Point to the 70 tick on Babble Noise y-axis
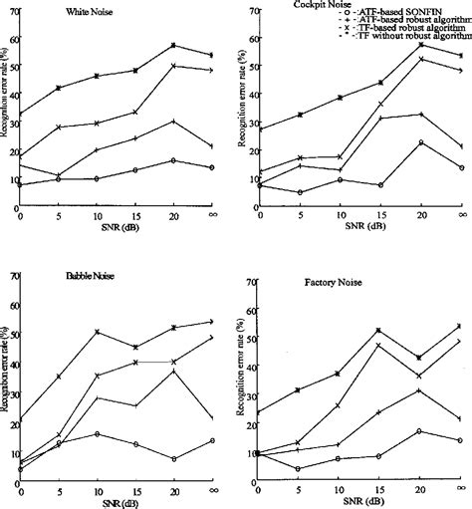(10, 276)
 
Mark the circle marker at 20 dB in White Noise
(174, 160)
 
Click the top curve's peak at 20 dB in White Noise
(174, 45)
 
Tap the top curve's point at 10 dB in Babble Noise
(98, 332)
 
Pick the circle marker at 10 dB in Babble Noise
(98, 434)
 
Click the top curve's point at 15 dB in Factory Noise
(378, 330)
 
